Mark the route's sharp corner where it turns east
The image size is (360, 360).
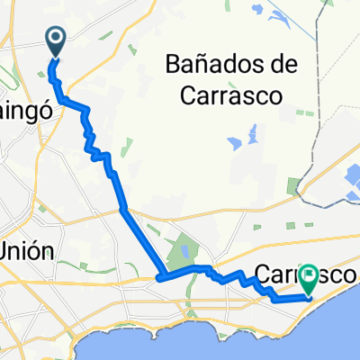point(159,276)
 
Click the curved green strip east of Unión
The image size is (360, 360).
point(86,266)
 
